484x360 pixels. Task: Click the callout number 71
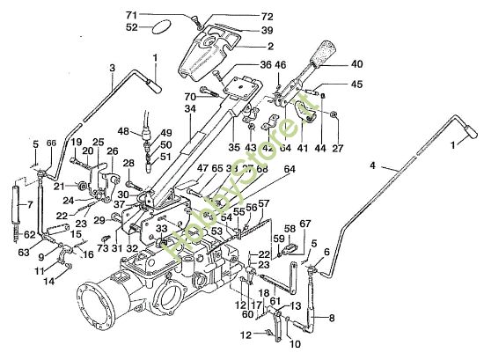157,15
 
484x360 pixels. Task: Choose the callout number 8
331,320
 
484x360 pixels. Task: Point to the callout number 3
112,68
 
